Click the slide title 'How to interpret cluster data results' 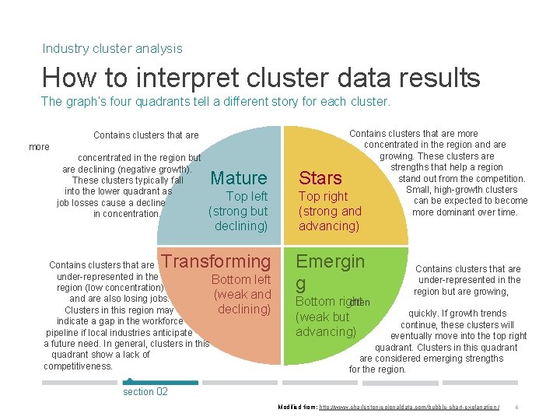[261, 78]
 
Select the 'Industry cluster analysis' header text [112, 48]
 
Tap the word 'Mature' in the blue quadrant [239, 178]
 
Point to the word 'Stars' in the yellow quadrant [320, 178]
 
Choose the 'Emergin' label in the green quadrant [330, 261]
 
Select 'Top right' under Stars [324, 196]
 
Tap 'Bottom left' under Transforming [241, 279]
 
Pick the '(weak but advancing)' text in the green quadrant [325, 324]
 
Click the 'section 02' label [145, 391]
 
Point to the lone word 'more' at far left [39, 147]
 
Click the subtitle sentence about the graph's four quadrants [215, 101]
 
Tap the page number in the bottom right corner [517, 408]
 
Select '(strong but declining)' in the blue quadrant [238, 219]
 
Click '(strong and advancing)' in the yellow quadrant [330, 219]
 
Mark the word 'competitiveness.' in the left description [79, 366]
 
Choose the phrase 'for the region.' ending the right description [377, 369]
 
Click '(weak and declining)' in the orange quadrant [243, 302]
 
